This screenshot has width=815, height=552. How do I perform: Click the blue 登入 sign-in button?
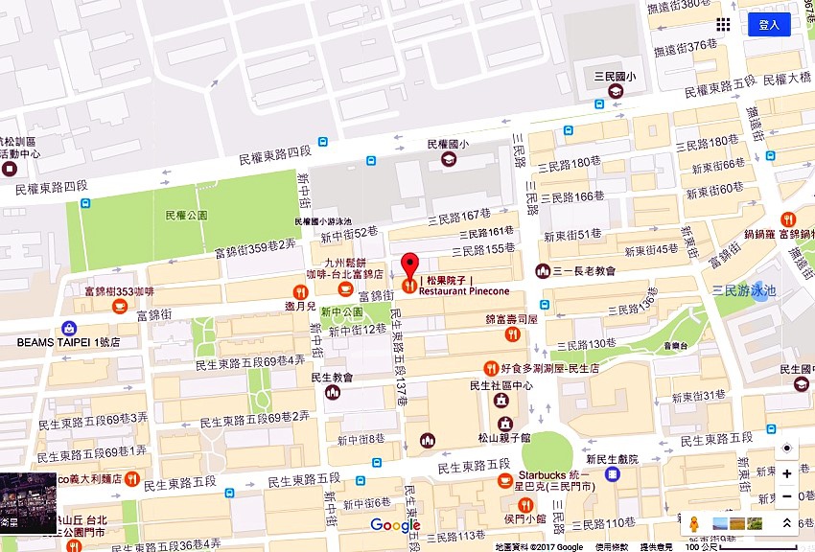tap(769, 25)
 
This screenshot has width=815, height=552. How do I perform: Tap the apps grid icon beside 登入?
tap(723, 25)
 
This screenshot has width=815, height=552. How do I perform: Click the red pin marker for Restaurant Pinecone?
tap(409, 269)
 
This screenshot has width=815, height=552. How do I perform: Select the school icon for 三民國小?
tap(614, 91)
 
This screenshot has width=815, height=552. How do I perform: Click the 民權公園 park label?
tap(186, 216)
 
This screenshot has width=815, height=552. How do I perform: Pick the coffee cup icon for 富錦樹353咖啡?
tap(120, 306)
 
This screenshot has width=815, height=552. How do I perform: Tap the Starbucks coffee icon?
tap(504, 482)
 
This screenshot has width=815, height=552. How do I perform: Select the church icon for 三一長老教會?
tap(544, 271)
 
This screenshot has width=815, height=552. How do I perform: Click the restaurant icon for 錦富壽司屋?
tap(512, 333)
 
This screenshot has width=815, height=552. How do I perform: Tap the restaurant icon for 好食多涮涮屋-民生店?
tap(491, 368)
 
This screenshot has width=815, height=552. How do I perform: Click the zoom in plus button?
tap(787, 473)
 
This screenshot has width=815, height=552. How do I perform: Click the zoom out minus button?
tap(787, 496)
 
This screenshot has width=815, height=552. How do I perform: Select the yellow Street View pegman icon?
tap(693, 523)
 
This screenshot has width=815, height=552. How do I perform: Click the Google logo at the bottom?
tap(395, 525)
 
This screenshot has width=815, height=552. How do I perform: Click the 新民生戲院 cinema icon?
tap(612, 474)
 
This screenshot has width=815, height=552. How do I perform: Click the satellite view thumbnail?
tap(28, 502)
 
